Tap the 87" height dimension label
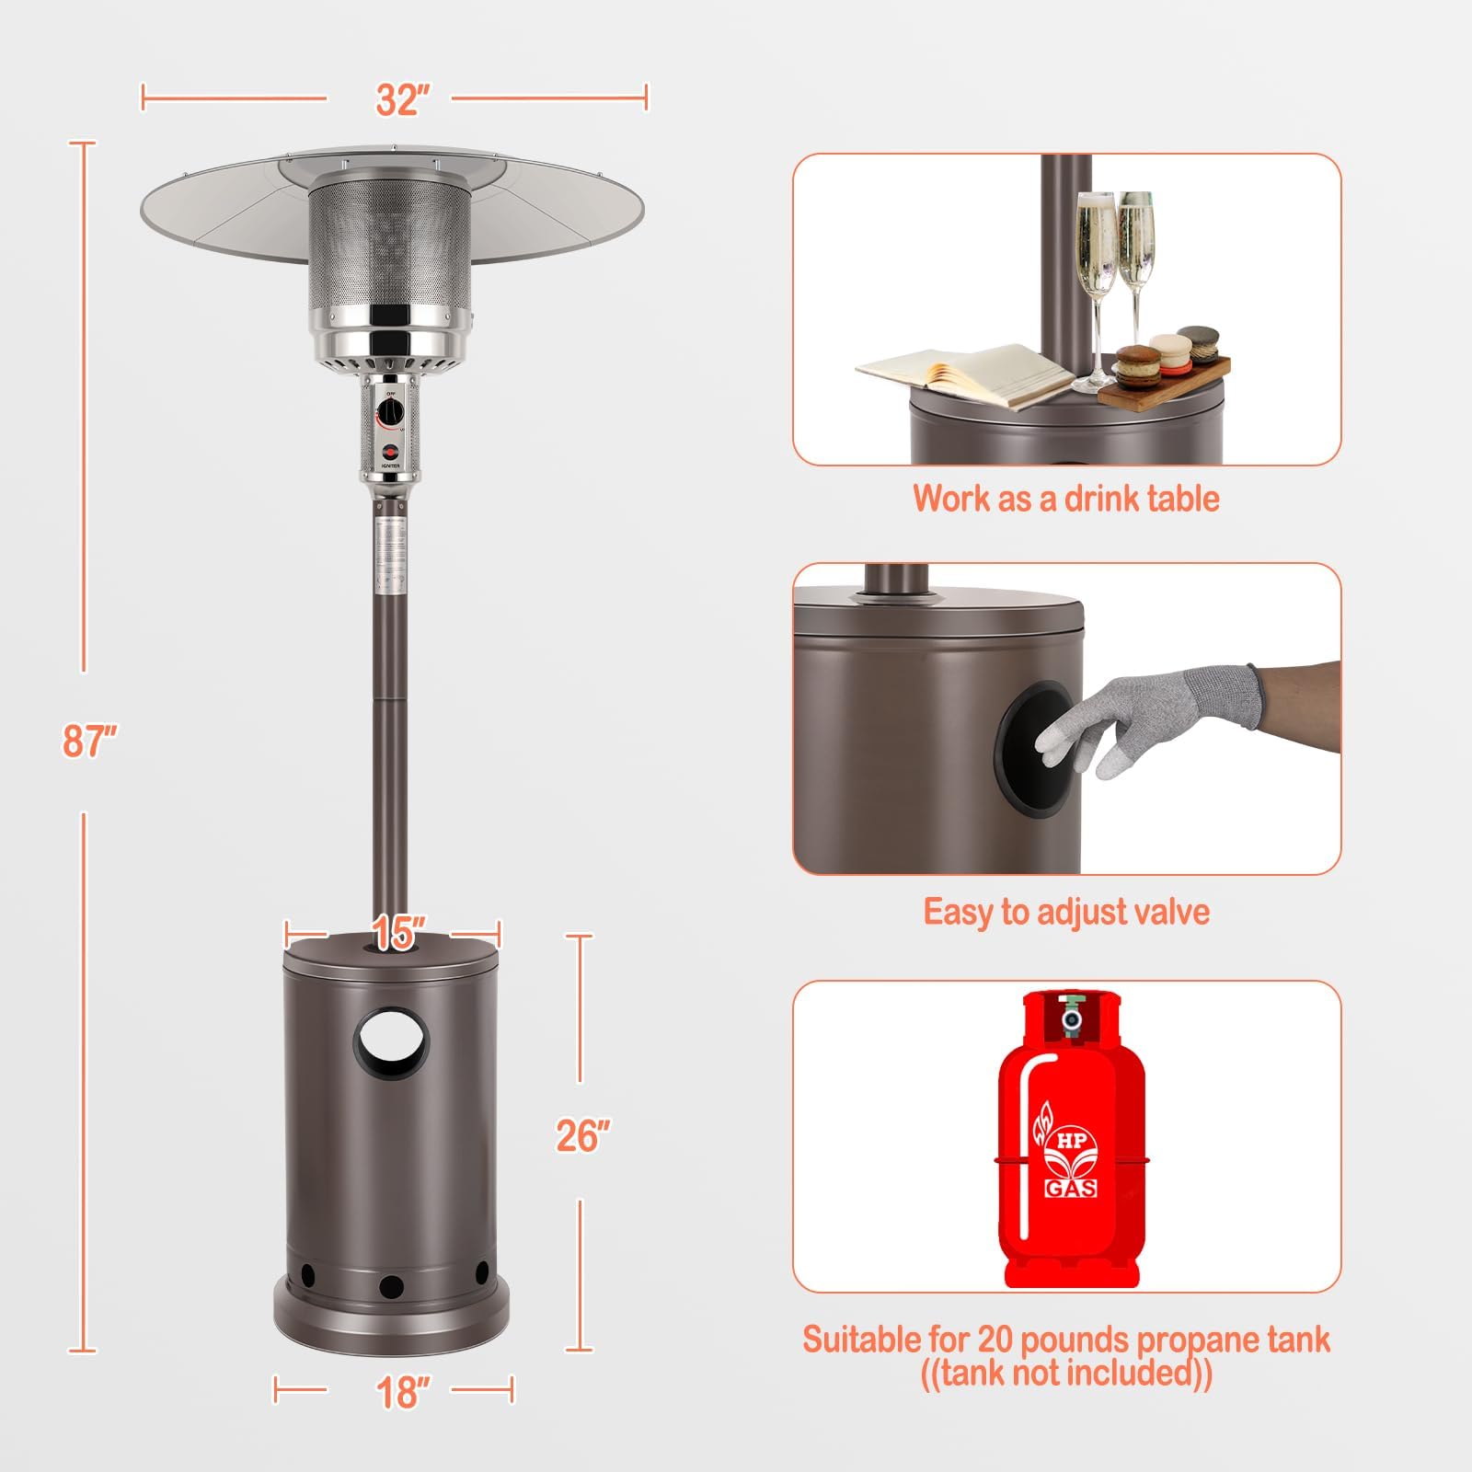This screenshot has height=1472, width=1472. [x=89, y=741]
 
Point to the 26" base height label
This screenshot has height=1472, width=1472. [x=582, y=1136]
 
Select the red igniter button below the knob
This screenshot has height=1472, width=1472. [x=391, y=451]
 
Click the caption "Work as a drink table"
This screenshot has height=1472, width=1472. [x=1066, y=499]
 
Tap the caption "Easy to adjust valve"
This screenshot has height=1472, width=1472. [x=1066, y=912]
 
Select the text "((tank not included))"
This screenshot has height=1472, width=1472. [x=1066, y=1374]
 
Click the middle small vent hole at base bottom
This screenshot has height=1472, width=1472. [x=391, y=1285]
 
